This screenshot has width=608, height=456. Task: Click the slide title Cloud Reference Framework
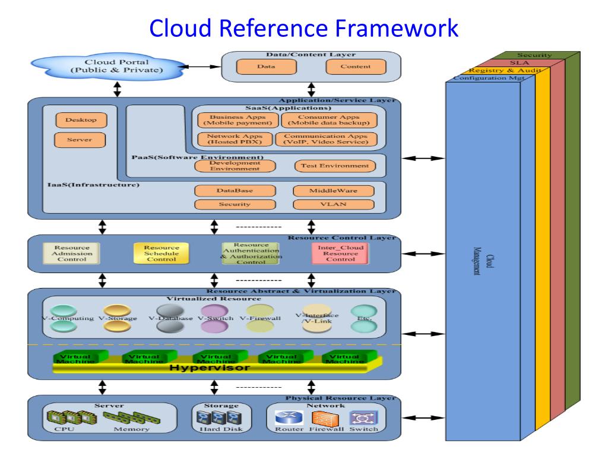point(304,28)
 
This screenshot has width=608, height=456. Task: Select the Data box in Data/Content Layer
point(265,66)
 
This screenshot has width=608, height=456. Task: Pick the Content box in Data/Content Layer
point(356,66)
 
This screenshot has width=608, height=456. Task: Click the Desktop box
point(77,120)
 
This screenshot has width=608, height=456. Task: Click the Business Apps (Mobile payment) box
point(237,119)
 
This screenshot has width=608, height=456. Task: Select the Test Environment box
point(335,166)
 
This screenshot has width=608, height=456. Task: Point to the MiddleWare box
point(333,191)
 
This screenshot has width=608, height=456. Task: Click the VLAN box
point(333,205)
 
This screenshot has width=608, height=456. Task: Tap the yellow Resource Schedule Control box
point(161,253)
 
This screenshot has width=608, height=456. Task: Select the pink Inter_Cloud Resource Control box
point(340,254)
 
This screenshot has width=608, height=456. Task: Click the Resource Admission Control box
point(72,254)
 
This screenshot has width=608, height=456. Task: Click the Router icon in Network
point(290,418)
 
